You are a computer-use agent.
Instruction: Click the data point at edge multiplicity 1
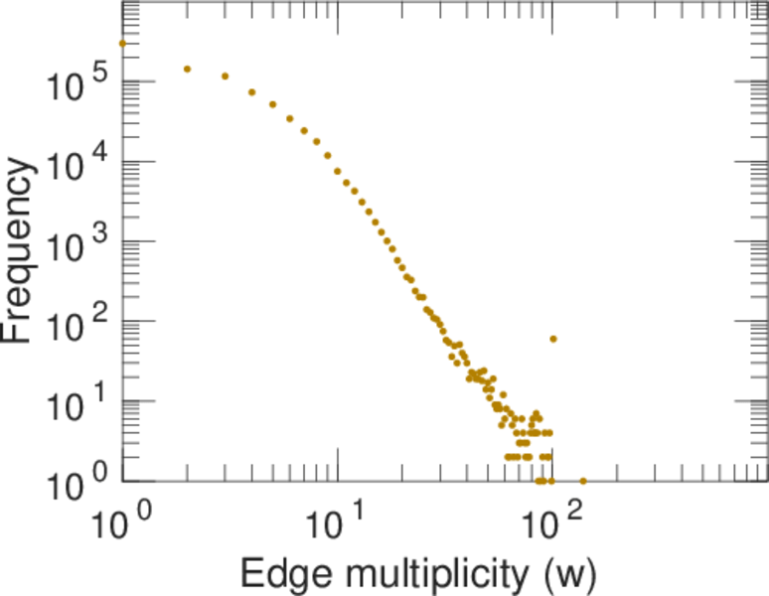pos(122,44)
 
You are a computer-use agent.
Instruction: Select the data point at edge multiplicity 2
pos(187,70)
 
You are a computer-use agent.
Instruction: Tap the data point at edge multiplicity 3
pos(225,76)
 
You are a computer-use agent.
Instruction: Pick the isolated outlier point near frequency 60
pos(553,339)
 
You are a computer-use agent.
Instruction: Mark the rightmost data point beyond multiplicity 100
pos(583,482)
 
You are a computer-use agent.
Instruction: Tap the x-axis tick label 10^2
pos(553,521)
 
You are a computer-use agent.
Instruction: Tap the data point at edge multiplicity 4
pos(252,92)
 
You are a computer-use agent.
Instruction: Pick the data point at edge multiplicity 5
pos(273,104)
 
